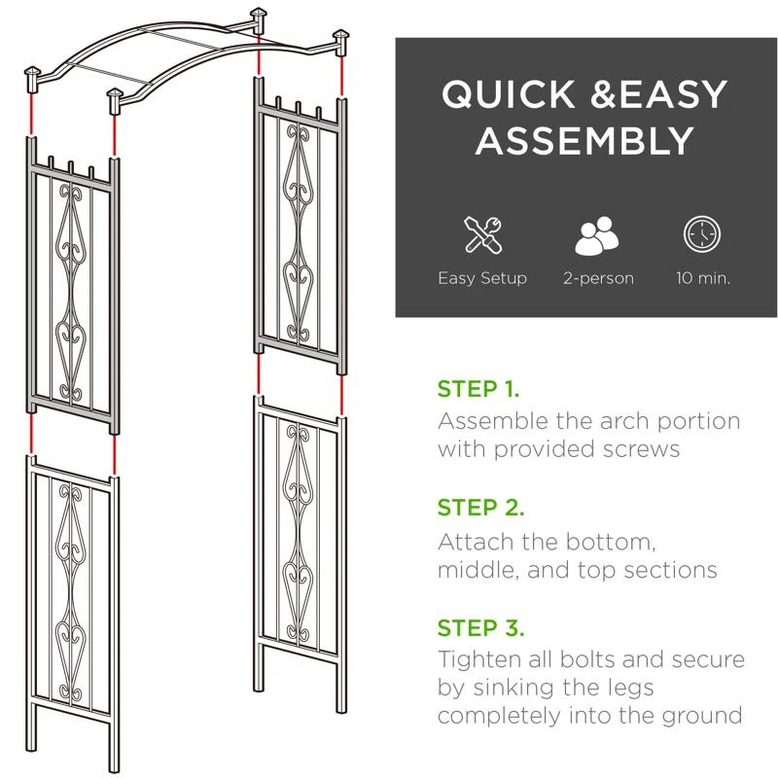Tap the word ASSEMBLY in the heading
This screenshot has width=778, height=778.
tap(584, 142)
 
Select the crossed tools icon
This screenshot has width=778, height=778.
tap(481, 236)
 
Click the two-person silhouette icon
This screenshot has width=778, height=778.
tap(598, 236)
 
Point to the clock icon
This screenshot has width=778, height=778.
tap(702, 236)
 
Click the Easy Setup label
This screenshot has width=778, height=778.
tap(481, 278)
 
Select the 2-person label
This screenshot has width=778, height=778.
tap(598, 278)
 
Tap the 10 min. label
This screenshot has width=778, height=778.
tap(702, 278)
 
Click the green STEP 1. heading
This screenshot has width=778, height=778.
tap(478, 390)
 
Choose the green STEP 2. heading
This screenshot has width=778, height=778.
tap(480, 508)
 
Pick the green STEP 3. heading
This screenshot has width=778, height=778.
tap(480, 627)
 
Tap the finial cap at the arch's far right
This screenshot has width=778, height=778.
tap(341, 40)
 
